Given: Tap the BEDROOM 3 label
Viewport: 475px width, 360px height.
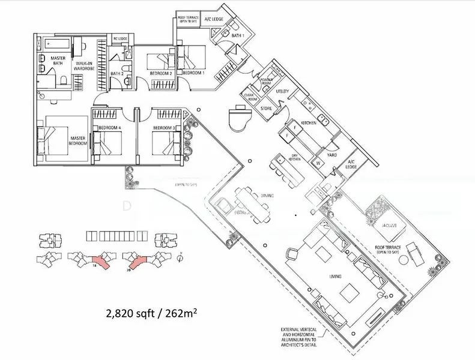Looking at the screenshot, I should pos(163,128).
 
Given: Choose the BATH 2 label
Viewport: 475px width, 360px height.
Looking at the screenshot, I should pos(117,74).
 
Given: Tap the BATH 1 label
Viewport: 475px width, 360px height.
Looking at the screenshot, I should pos(238,36).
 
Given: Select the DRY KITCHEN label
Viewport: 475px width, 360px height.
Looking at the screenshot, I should pos(295,157).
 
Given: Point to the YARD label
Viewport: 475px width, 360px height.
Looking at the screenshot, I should pos(331,154).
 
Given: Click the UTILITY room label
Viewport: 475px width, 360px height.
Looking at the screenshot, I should pos(282,92).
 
